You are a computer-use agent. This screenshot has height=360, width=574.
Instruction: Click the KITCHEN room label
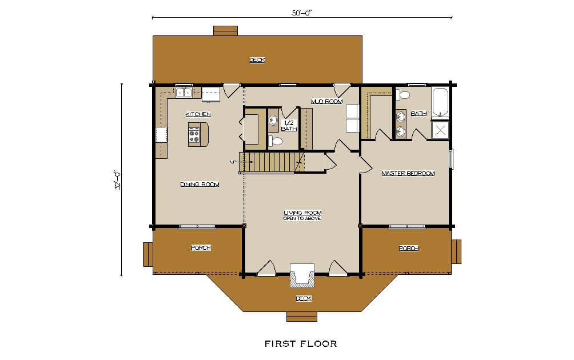(198, 114)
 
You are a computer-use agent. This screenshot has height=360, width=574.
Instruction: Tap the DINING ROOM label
(200, 185)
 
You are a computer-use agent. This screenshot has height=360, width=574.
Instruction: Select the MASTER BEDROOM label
(408, 173)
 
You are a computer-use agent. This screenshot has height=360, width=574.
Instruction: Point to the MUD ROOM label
(326, 101)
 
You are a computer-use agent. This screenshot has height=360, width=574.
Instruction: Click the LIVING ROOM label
(303, 213)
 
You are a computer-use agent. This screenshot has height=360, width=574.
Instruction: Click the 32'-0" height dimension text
(117, 179)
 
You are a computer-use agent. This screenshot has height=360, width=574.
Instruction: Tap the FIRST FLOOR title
(301, 344)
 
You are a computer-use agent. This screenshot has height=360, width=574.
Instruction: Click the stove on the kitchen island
(194, 135)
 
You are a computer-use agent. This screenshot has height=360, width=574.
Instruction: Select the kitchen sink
(184, 93)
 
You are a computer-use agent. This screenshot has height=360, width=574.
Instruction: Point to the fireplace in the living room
(302, 275)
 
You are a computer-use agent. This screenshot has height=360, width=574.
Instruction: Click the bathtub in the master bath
(440, 103)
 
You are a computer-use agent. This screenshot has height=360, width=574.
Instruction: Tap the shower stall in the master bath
(440, 130)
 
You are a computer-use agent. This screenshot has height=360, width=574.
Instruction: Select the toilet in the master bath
(402, 95)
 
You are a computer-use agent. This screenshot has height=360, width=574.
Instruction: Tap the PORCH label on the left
(201, 248)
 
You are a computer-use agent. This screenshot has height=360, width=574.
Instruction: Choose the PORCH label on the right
(409, 249)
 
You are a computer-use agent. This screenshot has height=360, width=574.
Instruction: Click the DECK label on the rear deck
(257, 59)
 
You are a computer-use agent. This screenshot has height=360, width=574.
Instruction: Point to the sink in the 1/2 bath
(273, 119)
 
